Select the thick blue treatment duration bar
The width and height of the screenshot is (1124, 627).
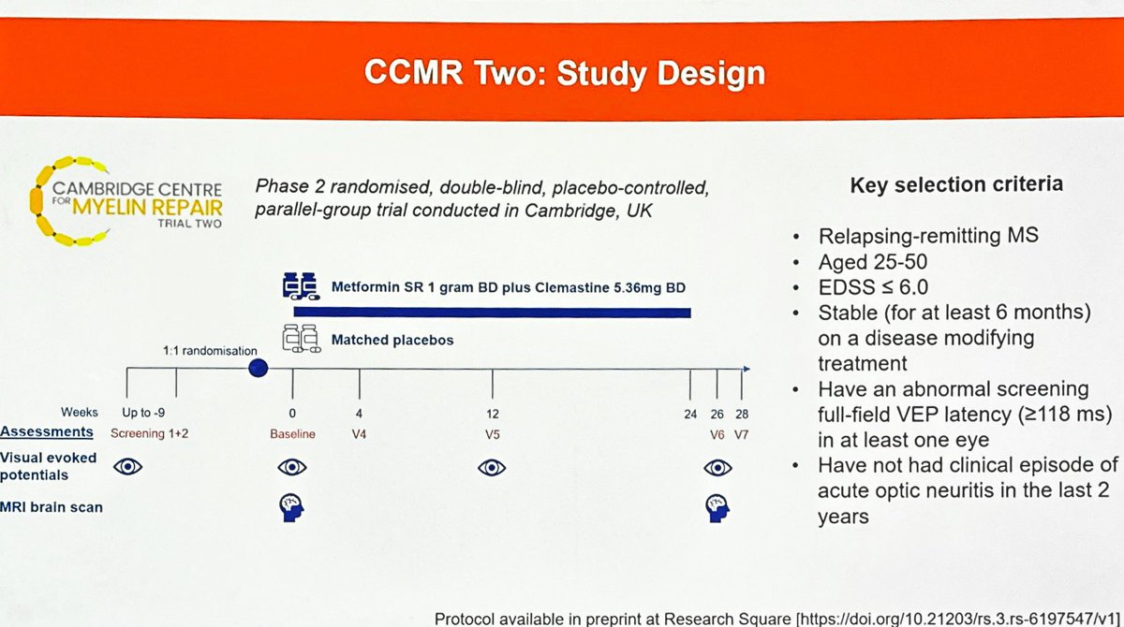tap(492, 313)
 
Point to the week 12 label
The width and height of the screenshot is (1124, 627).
tap(492, 412)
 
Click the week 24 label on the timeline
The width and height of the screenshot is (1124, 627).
tap(692, 412)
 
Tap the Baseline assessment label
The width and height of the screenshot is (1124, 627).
tap(292, 433)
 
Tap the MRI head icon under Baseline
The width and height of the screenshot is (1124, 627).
tap(293, 505)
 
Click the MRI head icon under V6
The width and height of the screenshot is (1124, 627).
tap(718, 505)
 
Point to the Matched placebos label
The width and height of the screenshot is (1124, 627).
tap(392, 341)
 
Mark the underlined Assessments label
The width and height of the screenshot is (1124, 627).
tap(47, 432)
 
